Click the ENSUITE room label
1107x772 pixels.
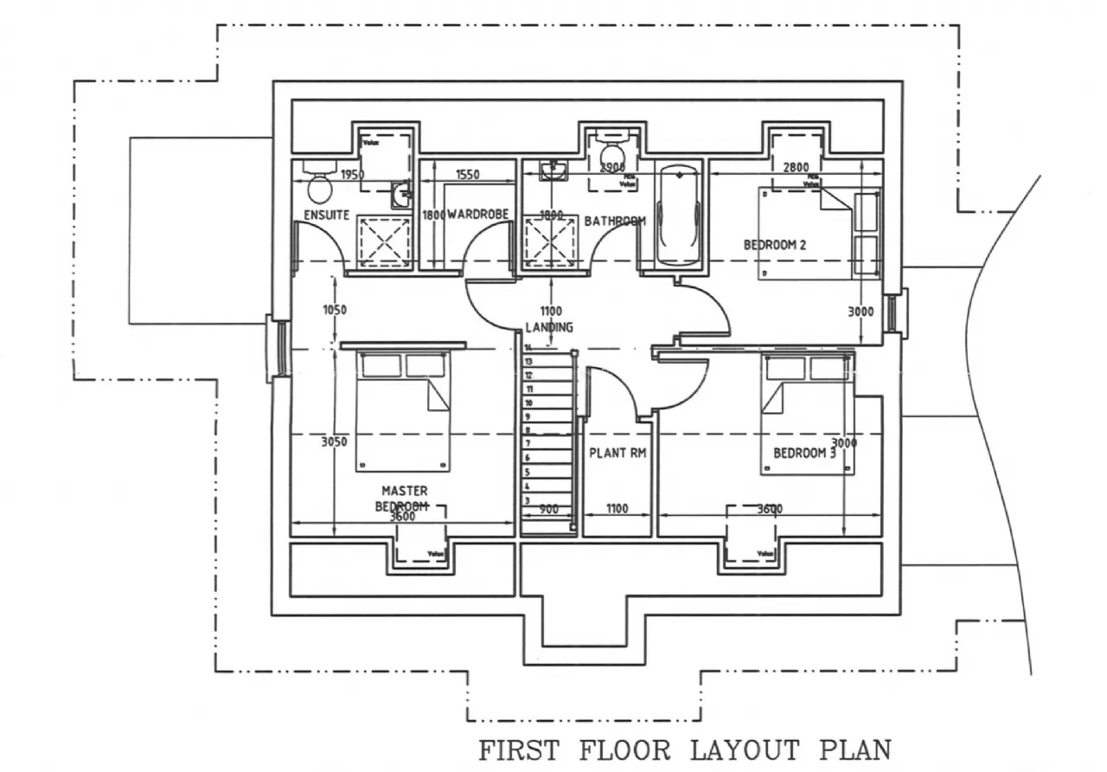click(326, 215)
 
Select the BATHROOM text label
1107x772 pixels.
click(615, 222)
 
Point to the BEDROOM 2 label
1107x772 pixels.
click(775, 245)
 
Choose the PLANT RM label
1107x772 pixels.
click(617, 453)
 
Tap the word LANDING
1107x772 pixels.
click(549, 327)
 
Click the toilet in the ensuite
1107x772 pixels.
click(320, 183)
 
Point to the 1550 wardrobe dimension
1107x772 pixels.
click(467, 175)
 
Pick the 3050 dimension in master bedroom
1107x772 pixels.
click(334, 442)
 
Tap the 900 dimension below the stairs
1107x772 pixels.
click(548, 510)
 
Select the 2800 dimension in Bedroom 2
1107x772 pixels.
click(795, 167)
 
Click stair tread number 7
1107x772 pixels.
click(527, 444)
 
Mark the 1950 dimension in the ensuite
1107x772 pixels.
click(352, 175)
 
